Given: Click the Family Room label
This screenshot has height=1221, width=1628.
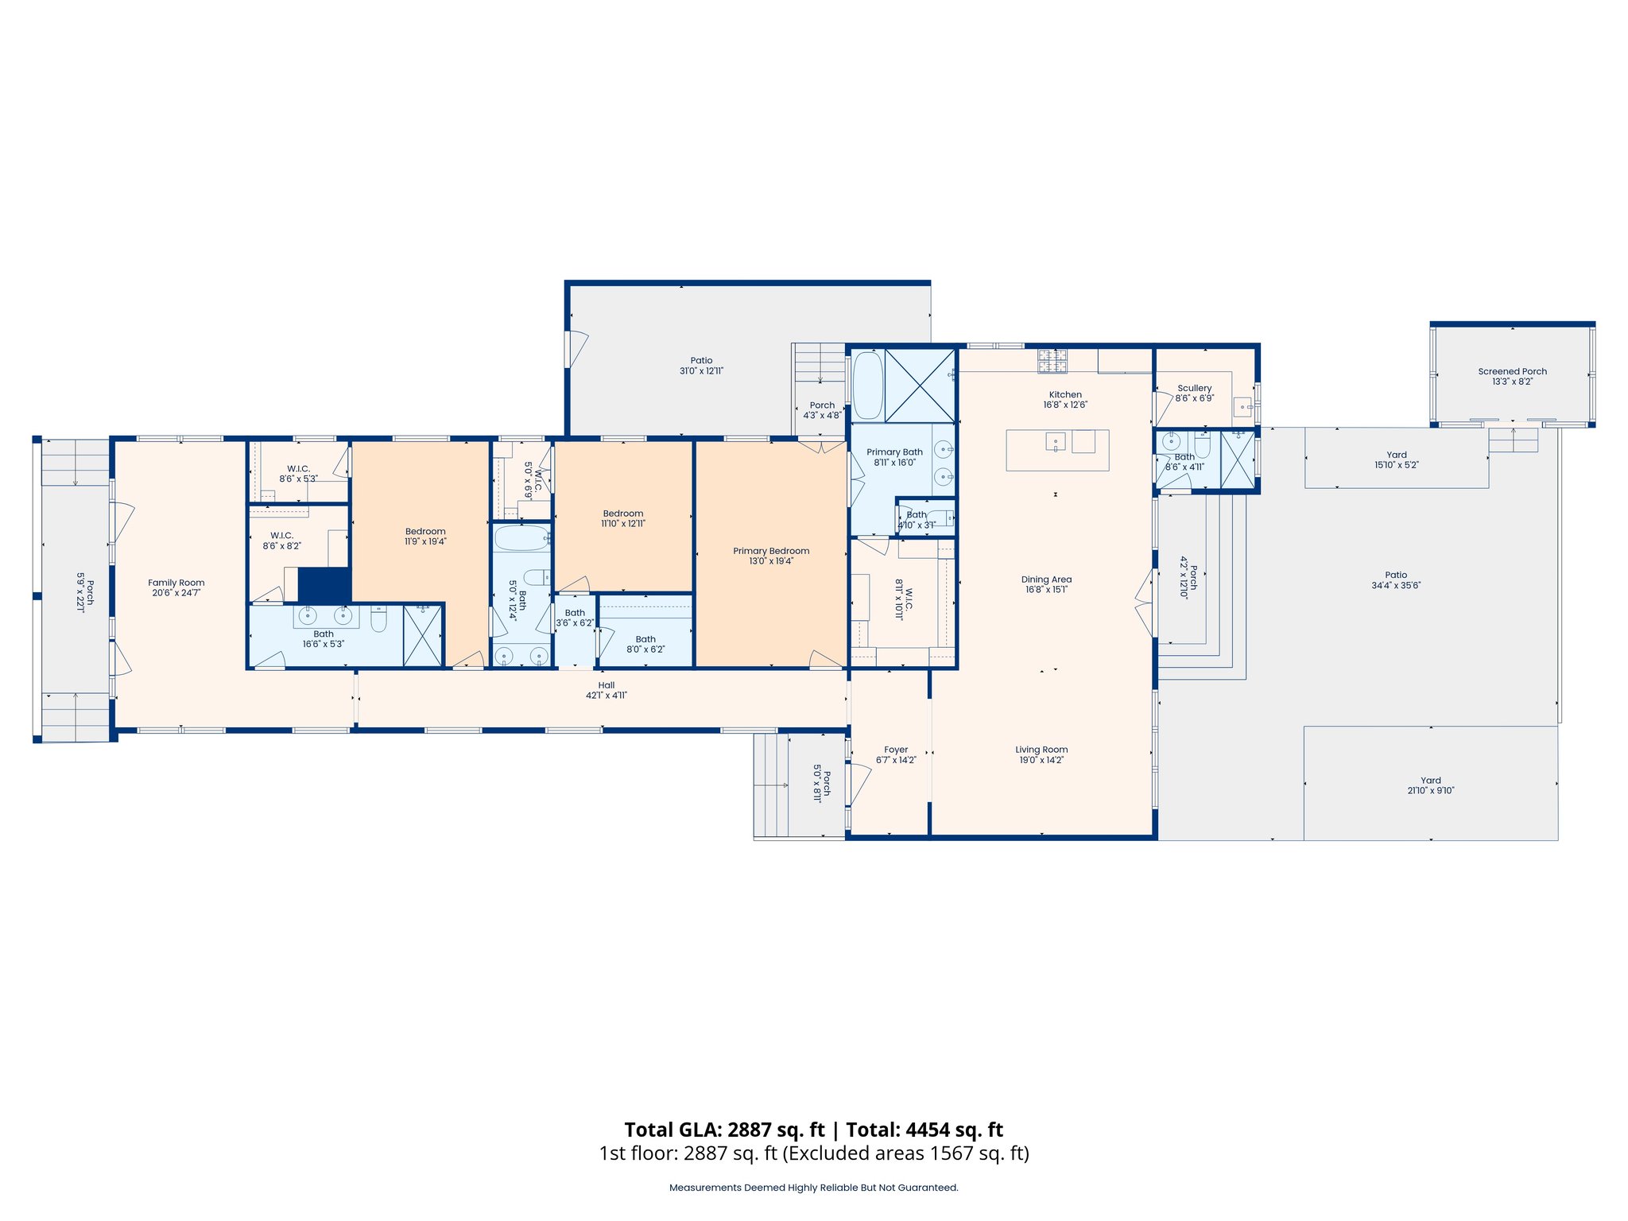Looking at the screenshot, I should point(176,583).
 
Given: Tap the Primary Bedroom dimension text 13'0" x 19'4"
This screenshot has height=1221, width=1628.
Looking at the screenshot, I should point(771,561).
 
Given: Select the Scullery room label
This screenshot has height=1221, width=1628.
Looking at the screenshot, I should point(1194,388).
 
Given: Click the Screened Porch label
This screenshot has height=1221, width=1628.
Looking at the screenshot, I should point(1512,371).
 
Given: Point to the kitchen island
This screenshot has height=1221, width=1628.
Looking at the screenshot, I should point(1057,450).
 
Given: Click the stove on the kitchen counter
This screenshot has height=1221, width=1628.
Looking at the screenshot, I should point(1052,362).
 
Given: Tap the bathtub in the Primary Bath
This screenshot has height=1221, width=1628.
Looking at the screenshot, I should point(867,386).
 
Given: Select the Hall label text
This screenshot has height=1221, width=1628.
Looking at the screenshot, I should point(606,685).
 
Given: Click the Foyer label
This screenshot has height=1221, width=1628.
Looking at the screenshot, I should point(896,750).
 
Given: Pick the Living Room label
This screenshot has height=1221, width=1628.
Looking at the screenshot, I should point(1041,750).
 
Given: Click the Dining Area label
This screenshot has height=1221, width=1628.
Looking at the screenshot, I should point(1046,579).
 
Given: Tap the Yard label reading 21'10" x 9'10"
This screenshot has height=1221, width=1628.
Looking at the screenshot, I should point(1430,790).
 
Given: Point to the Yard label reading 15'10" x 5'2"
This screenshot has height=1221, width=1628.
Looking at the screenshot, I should point(1396,465).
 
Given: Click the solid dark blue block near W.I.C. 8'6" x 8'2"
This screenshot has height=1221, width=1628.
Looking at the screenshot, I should point(324,584).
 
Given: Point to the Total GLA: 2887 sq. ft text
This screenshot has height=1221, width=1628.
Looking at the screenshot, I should point(724,1130).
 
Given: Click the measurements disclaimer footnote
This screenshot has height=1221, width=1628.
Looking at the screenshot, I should point(813,1188).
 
